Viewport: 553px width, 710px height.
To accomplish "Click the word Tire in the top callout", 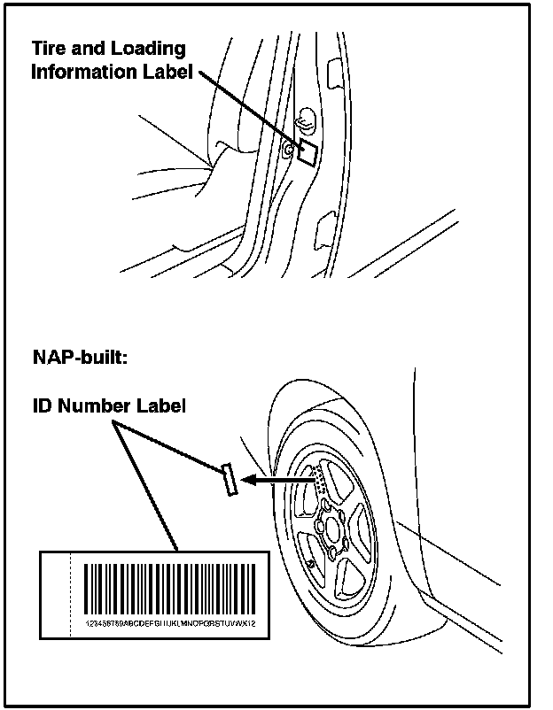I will [x=50, y=48].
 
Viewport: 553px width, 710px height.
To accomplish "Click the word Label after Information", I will [x=168, y=72].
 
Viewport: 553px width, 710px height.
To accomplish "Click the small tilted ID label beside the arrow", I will [x=230, y=480].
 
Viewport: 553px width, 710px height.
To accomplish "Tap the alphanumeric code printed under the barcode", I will [x=168, y=623].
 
